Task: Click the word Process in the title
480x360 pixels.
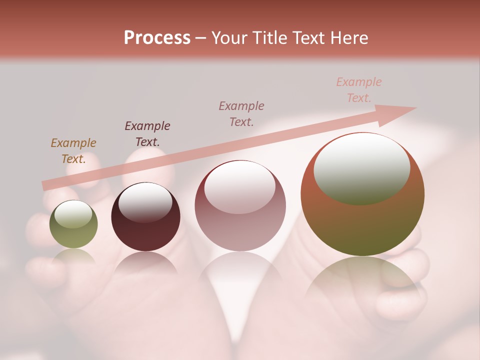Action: [x=157, y=38]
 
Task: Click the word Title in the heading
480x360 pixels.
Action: [x=269, y=38]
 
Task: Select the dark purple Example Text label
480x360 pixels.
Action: [x=147, y=133]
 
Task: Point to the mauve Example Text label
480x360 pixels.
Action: [x=241, y=113]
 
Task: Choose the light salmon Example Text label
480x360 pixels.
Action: [x=359, y=90]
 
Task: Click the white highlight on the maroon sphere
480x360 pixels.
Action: [x=145, y=202]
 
